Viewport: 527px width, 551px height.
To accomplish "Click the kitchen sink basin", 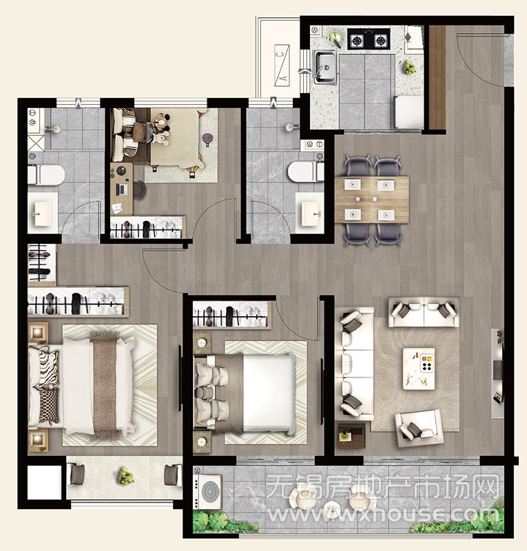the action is (x=324, y=67).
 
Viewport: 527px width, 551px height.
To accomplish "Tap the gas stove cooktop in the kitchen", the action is (x=369, y=39).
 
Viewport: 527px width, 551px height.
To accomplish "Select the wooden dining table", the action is (x=372, y=200).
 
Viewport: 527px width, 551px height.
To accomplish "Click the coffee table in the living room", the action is (x=419, y=368).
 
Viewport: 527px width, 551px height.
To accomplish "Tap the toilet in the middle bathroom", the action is (x=305, y=171).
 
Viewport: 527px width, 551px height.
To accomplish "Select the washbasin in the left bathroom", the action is (x=43, y=214).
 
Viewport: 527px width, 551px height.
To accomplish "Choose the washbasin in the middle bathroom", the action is (x=309, y=214).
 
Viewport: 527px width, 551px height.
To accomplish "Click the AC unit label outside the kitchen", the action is (x=282, y=65).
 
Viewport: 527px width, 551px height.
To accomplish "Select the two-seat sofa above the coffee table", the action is (x=424, y=313).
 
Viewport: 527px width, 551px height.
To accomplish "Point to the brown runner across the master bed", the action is (x=104, y=386).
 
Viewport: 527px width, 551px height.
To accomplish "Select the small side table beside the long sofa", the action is (x=351, y=435).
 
